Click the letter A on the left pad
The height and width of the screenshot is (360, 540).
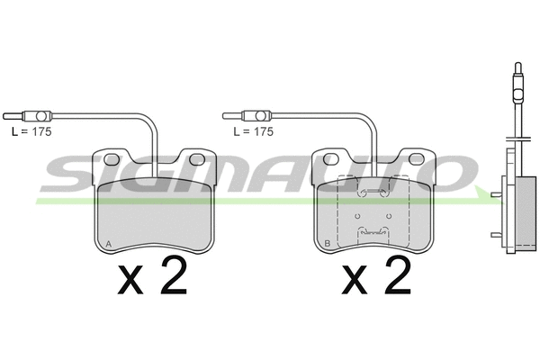(109, 244)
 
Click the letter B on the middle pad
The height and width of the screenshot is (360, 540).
(328, 244)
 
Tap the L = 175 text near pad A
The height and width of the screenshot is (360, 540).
(31, 131)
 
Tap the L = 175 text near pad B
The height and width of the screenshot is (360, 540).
(253, 131)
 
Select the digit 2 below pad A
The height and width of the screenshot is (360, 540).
(174, 275)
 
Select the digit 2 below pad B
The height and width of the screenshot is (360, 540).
(398, 275)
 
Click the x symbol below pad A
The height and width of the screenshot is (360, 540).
(130, 280)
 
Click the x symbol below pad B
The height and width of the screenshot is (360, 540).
(354, 280)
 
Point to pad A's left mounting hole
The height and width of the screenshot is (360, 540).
(112, 159)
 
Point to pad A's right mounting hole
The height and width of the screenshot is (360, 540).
(196, 159)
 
